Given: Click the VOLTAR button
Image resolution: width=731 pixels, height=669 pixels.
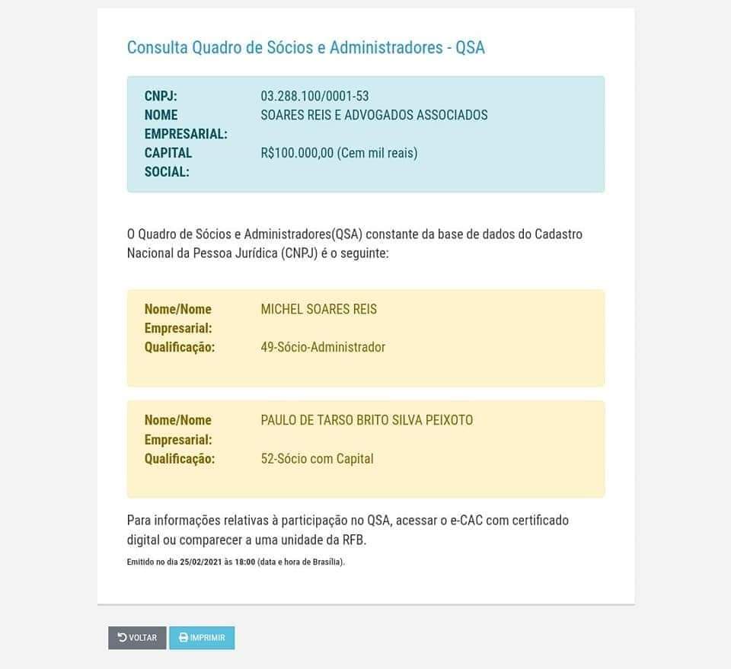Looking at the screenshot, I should (x=137, y=638).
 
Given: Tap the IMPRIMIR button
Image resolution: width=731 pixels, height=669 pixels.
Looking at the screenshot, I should (x=202, y=638).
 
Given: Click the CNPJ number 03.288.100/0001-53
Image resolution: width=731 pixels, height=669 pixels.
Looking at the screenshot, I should (x=314, y=96).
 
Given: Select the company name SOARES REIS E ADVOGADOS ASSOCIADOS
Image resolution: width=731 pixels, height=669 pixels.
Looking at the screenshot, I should (x=374, y=115).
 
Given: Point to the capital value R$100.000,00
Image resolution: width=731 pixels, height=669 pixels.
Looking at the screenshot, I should (x=297, y=153).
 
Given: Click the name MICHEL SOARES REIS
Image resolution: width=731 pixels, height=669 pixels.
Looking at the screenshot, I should (x=318, y=309).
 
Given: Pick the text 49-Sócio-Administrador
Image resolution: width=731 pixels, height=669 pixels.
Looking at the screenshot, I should (x=323, y=347).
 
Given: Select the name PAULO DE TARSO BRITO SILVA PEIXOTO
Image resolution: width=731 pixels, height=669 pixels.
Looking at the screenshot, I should (x=366, y=420).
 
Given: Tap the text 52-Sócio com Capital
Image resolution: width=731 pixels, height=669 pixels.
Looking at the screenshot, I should (x=317, y=459).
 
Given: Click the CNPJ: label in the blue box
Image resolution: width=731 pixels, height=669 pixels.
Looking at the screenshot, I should (x=161, y=96).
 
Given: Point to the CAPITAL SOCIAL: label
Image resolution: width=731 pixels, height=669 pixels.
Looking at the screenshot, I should (x=168, y=162).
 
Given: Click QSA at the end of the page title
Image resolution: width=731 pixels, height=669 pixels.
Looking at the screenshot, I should (x=470, y=47).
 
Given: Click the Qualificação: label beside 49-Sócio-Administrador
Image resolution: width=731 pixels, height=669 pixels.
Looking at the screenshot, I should (x=180, y=347).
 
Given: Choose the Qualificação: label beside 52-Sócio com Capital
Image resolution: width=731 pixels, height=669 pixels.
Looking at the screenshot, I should (x=180, y=459).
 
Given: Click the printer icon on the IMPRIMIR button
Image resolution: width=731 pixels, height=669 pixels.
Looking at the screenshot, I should (x=184, y=638).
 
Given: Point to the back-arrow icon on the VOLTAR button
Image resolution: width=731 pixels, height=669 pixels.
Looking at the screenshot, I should (x=122, y=638).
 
